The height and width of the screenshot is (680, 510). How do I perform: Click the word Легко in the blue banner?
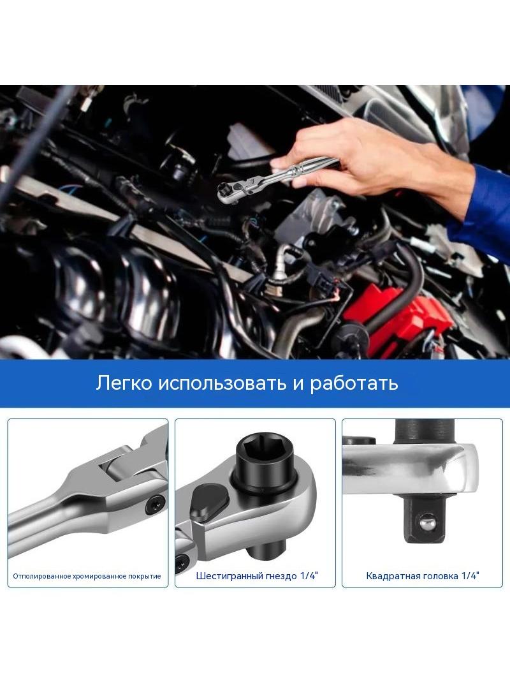[x=124, y=384]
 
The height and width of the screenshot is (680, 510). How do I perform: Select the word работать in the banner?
[x=354, y=384]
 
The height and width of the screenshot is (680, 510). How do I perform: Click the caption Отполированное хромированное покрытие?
[x=87, y=577]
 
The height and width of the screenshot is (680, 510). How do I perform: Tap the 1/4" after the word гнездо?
[x=309, y=575]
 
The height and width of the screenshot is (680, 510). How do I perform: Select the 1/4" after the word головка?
[x=470, y=575]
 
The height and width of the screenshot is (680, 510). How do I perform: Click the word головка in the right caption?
[x=441, y=577]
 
